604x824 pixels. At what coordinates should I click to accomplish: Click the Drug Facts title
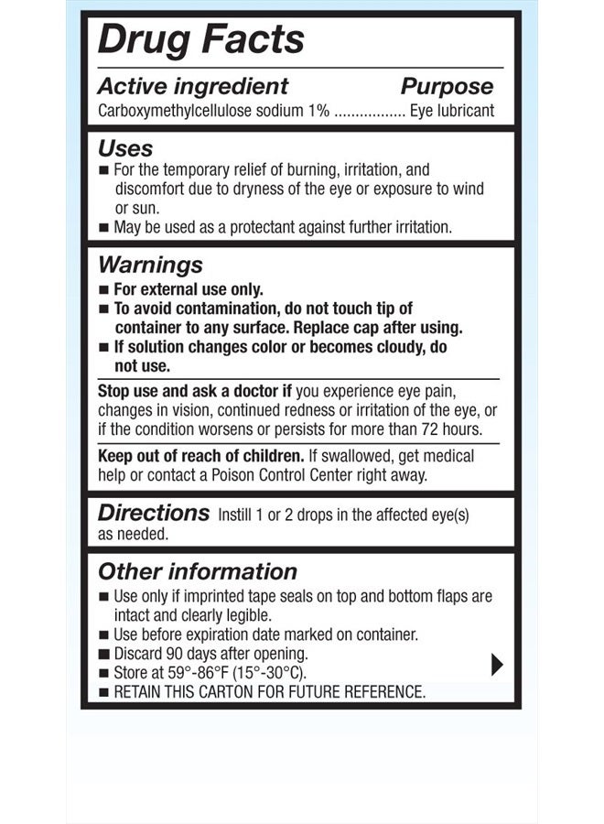pos(200,40)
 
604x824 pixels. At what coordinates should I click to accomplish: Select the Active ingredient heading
pos(192,87)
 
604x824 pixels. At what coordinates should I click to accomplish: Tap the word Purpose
pos(447,87)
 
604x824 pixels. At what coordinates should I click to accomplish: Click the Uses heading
pos(125,148)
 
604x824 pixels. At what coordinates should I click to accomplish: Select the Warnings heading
pos(150,266)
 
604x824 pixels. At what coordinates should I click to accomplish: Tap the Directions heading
pos(154,513)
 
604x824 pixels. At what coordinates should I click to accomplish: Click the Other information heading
pos(198,572)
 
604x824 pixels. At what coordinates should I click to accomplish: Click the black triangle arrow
pos(497,664)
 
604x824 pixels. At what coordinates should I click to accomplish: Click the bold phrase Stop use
pos(129,391)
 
